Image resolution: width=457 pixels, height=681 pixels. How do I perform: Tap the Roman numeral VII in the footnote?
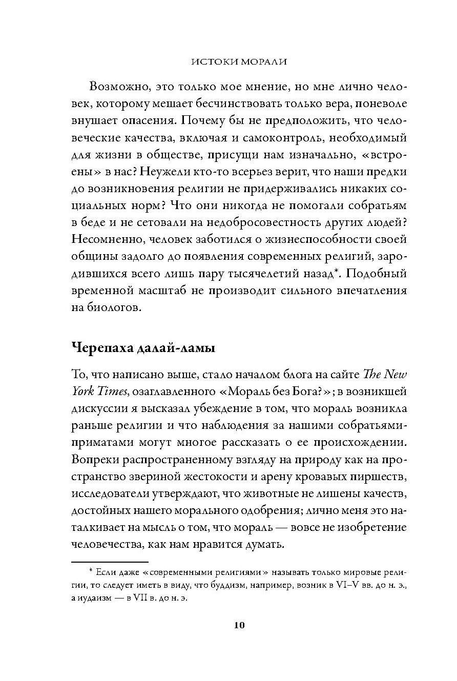[x=149, y=599]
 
